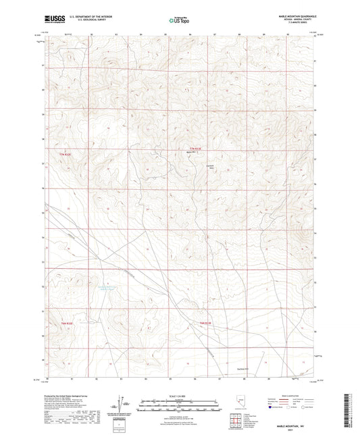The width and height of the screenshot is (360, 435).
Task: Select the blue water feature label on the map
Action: (x=112, y=288)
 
